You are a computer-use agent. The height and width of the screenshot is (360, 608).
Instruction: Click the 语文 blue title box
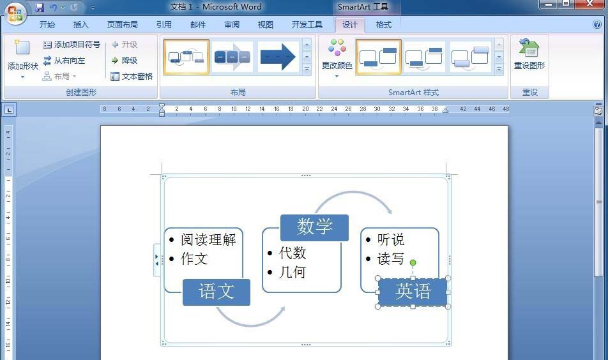pyautogui.click(x=217, y=292)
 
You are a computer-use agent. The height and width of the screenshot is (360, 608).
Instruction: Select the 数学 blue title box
pyautogui.click(x=314, y=227)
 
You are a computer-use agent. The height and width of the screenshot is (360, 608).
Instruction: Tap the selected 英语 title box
pyautogui.click(x=413, y=292)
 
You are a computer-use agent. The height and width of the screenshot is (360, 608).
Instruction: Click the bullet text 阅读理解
pyautogui.click(x=208, y=239)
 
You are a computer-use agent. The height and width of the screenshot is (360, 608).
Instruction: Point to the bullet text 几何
pyautogui.click(x=293, y=272)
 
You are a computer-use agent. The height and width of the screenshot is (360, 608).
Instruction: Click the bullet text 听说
pyautogui.click(x=390, y=239)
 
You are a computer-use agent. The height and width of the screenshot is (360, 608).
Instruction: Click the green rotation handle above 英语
pyautogui.click(x=413, y=263)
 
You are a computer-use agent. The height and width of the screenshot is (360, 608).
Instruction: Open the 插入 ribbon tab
pyautogui.click(x=80, y=25)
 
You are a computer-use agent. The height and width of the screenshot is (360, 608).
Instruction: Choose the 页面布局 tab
pyautogui.click(x=122, y=25)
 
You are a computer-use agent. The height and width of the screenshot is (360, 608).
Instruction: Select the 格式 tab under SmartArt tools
pyautogui.click(x=383, y=25)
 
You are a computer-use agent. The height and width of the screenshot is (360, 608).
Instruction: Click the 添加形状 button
pyautogui.click(x=23, y=59)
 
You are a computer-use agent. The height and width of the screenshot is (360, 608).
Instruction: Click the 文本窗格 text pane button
pyautogui.click(x=132, y=77)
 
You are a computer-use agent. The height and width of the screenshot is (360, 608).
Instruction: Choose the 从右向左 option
pyautogui.click(x=64, y=61)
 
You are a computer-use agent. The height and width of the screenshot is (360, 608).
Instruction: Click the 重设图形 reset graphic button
pyautogui.click(x=529, y=54)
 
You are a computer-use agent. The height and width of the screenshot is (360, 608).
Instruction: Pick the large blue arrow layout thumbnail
pyautogui.click(x=278, y=57)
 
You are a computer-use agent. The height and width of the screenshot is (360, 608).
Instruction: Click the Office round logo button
pyautogui.click(x=15, y=13)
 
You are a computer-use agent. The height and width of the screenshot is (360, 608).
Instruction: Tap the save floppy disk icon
pyautogui.click(x=40, y=7)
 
